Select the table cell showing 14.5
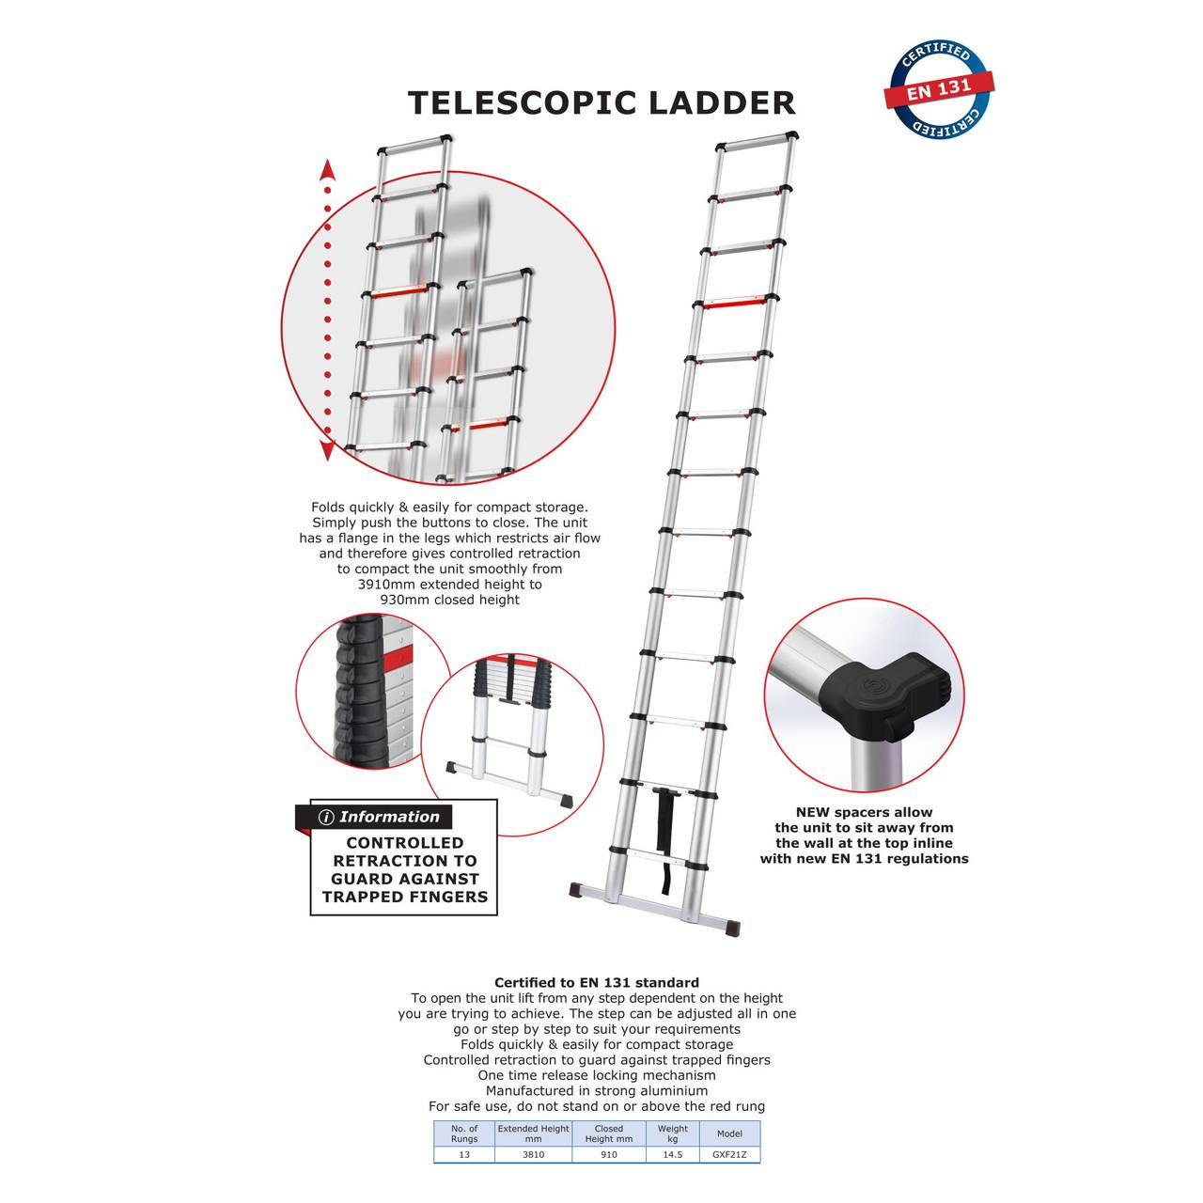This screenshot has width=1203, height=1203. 672,1153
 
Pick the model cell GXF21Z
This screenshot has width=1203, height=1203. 729,1153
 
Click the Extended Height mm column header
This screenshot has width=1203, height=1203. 534,1133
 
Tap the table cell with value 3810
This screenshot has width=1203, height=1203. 534,1153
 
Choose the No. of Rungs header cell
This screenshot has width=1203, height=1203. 464,1133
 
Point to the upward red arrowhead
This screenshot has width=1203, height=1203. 327,170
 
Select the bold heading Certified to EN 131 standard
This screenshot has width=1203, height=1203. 597,983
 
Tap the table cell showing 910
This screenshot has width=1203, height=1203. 609,1153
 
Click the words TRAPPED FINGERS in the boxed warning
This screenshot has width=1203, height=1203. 405,897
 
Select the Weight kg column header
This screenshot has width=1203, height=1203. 672,1133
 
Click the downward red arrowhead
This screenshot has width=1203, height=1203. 327,450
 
